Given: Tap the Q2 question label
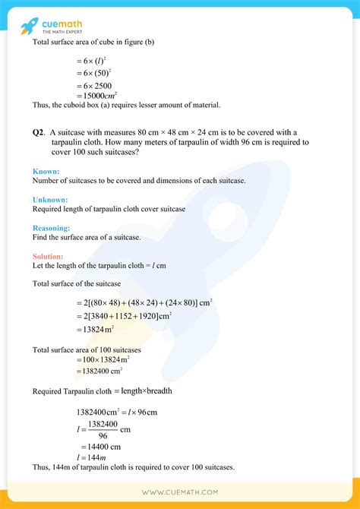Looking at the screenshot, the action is [x=39, y=131].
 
